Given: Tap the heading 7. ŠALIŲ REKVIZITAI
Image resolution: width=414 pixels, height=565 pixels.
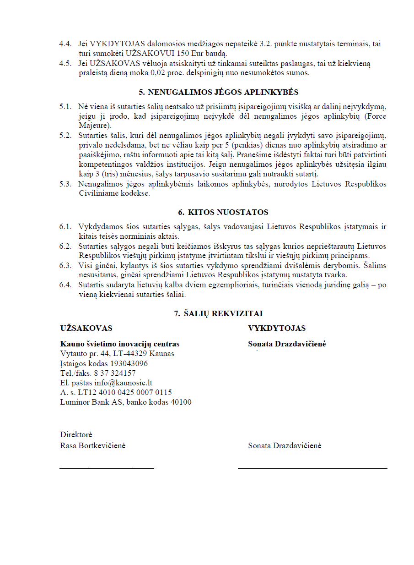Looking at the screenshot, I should pos(218,313).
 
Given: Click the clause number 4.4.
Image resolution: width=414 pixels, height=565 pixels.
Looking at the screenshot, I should pos(65,44).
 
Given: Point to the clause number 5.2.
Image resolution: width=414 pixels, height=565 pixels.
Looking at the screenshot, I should pos(65,136).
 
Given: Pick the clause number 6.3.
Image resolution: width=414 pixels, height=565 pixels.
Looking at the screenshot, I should pos(65,265).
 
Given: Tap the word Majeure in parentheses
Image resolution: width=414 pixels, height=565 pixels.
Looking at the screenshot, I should pos(92,125).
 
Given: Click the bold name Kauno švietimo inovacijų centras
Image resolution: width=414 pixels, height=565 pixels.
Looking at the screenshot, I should pos(120,344).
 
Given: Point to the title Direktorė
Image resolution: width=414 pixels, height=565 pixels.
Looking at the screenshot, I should pos(76,434).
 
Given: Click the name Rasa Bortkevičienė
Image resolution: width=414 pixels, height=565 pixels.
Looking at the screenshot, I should pos(93,445).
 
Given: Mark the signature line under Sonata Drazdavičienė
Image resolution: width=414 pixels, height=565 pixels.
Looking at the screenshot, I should pos(312,468).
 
